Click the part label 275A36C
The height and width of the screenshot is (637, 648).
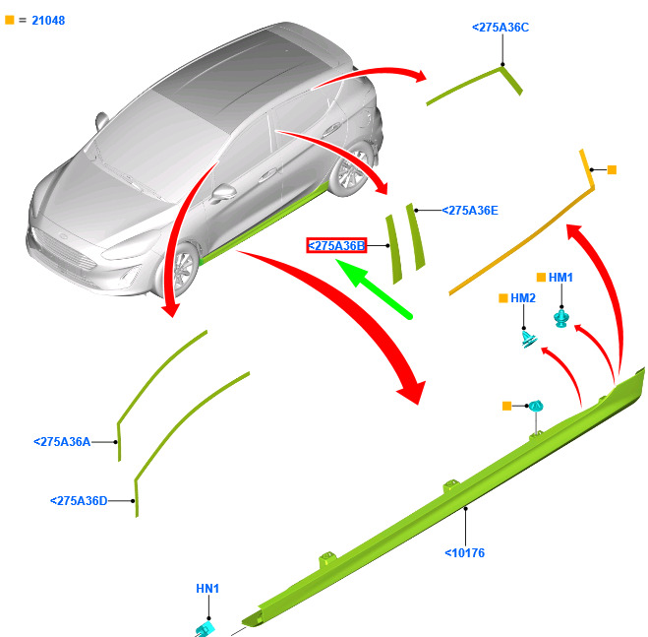pos(501,28)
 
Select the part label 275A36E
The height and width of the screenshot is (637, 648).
pos(470,210)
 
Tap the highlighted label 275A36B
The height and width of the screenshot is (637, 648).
pos(336,245)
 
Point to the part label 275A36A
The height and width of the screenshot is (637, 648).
pos(62,442)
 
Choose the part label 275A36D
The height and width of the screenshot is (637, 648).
pos(79,501)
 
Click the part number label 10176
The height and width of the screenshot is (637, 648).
pos(464,553)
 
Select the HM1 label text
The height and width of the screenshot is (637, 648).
pos(560,278)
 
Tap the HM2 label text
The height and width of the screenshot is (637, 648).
pos(522,297)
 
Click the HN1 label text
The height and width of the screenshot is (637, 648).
pos(207,589)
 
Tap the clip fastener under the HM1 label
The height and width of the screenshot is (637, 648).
pos(561,318)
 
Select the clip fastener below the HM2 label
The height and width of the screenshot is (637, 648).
pos(528,340)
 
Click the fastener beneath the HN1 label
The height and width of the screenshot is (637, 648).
pos(206,627)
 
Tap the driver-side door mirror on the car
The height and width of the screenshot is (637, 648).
pos(225,190)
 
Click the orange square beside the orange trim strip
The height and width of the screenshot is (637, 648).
pos(612,170)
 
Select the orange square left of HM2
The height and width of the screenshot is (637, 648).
pos(503,297)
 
